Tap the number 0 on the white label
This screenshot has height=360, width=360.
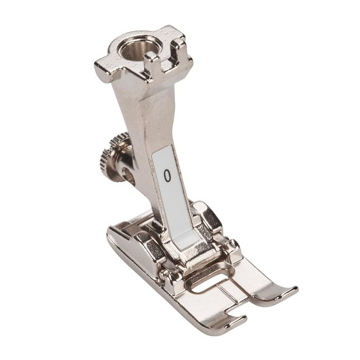168,176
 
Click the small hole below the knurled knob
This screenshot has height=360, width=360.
130,175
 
